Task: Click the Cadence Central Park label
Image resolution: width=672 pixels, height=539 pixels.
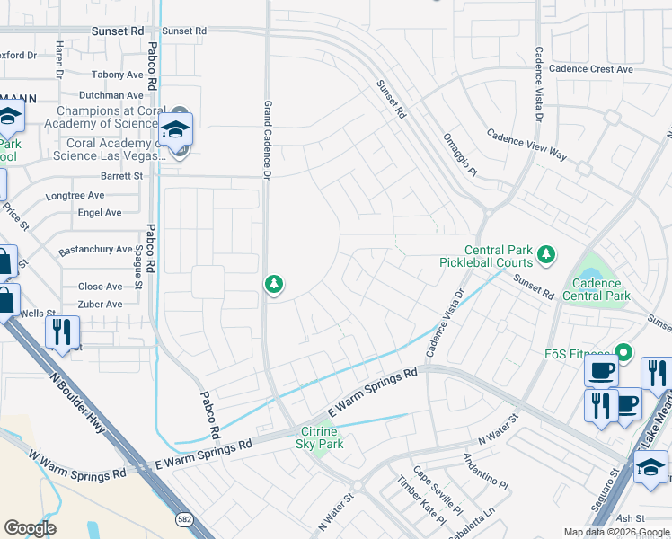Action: [x=597, y=289]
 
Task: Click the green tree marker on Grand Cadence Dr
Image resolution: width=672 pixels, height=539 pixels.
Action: [x=274, y=285]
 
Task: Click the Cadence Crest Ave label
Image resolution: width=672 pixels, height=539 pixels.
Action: [x=591, y=69]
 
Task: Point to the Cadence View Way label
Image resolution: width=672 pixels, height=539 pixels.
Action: [x=527, y=145]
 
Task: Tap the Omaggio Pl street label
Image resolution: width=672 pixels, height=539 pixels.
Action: [x=459, y=151]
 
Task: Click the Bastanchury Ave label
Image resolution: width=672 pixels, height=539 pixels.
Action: [x=95, y=249]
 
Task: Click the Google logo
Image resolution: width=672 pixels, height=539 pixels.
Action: [x=30, y=528]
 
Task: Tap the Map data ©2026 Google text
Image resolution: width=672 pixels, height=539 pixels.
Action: [x=615, y=532]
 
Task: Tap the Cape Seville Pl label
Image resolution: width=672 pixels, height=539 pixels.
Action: [x=438, y=490]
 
